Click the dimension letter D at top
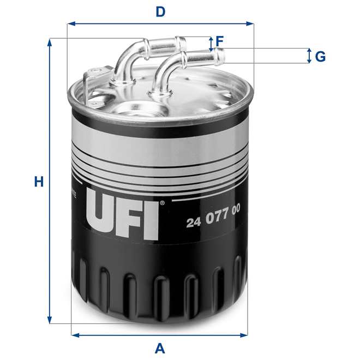[160, 11]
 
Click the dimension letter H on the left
[38, 182]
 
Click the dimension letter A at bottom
[160, 347]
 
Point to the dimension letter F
[219, 41]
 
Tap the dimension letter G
[320, 56]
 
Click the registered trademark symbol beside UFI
[161, 204]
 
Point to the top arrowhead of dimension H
[50, 43]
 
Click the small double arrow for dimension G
[309, 56]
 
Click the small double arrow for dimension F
[211, 44]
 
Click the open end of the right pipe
[221, 55]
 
